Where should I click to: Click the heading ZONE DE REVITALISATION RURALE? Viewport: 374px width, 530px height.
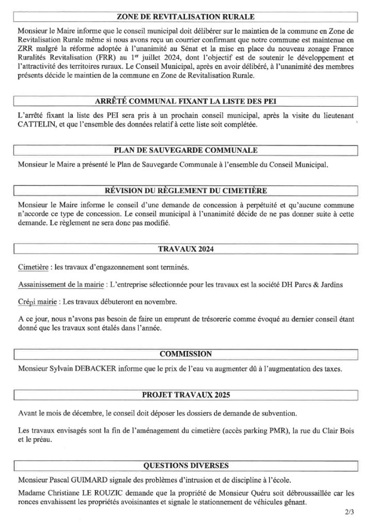click(x=186, y=17)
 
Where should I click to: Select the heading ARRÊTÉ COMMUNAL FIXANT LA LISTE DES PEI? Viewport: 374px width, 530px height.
click(x=186, y=100)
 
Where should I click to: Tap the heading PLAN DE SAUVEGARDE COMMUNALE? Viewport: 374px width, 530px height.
click(x=186, y=151)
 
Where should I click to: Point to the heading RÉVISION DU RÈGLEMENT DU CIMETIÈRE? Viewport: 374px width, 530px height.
click(x=186, y=190)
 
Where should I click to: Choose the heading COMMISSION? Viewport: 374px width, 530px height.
click(x=186, y=354)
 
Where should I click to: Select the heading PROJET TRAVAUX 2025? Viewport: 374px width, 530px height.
click(x=186, y=395)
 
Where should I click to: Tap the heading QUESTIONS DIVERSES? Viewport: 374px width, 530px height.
click(x=186, y=465)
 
